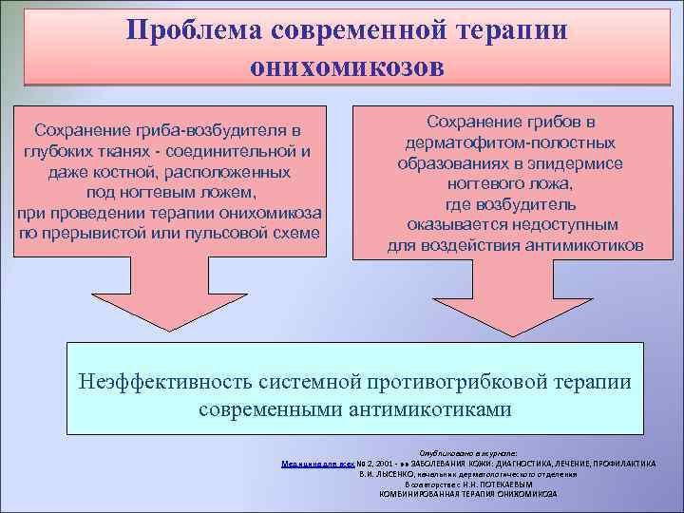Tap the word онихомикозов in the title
point(346,66)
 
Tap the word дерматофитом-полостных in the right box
point(510,142)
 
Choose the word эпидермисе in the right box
point(564,163)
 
